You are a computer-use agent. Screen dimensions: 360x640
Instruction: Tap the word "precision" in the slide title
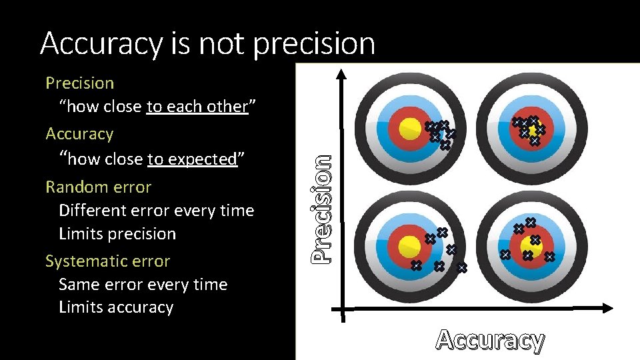tap(314, 44)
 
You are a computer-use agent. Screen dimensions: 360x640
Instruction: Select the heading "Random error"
tap(98, 187)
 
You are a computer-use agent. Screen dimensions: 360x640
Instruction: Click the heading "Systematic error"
tap(107, 261)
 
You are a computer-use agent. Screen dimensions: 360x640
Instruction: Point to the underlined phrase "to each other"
tap(197, 107)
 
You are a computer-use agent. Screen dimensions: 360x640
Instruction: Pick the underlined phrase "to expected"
tap(192, 159)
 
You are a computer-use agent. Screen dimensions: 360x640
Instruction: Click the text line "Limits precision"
tap(117, 234)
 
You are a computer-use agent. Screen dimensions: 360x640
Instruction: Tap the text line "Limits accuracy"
tap(116, 307)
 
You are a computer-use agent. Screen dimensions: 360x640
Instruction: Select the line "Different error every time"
tap(156, 211)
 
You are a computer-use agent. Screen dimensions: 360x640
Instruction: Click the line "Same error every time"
tap(143, 285)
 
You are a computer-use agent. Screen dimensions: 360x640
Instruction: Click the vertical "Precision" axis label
tap(322, 207)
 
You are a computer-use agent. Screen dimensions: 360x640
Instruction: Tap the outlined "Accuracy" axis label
tap(490, 340)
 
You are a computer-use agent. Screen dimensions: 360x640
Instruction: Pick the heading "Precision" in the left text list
tap(79, 83)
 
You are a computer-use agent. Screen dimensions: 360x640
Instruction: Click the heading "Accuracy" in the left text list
tap(79, 134)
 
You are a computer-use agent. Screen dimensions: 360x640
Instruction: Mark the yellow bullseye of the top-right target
tap(533, 129)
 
